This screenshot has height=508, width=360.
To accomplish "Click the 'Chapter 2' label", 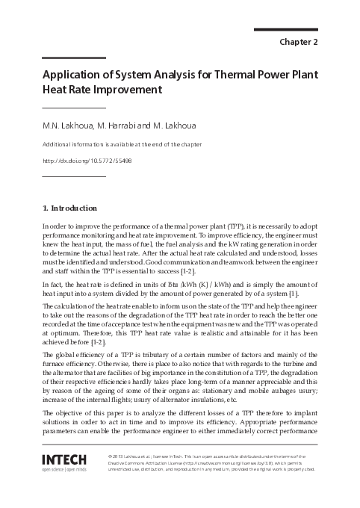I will point(298,42).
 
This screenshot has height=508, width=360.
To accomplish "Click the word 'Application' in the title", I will point(74,75).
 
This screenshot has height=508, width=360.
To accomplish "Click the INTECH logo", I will point(65,459).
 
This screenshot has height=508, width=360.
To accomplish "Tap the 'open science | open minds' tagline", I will point(65,470).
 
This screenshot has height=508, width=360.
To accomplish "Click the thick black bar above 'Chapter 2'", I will point(286,30).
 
